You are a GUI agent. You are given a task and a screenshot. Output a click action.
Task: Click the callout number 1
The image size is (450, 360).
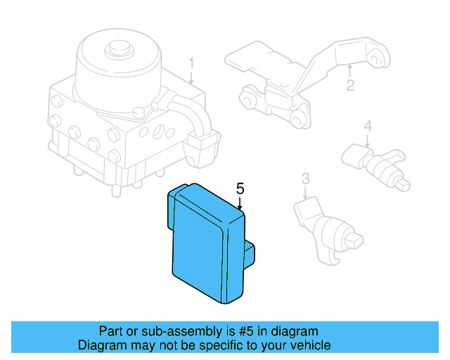(x=191, y=65)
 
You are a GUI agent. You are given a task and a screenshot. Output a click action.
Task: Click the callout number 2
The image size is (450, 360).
(x=349, y=86)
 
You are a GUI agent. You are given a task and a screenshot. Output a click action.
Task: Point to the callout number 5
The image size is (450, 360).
(x=240, y=188)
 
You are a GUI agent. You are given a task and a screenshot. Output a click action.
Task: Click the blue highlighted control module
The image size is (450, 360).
(x=204, y=246)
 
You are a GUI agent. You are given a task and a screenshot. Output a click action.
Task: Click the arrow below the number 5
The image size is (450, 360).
(x=240, y=204)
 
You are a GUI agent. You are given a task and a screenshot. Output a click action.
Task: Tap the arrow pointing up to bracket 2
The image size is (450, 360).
(x=349, y=71)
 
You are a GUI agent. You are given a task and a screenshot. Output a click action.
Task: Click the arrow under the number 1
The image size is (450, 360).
(x=191, y=79)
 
